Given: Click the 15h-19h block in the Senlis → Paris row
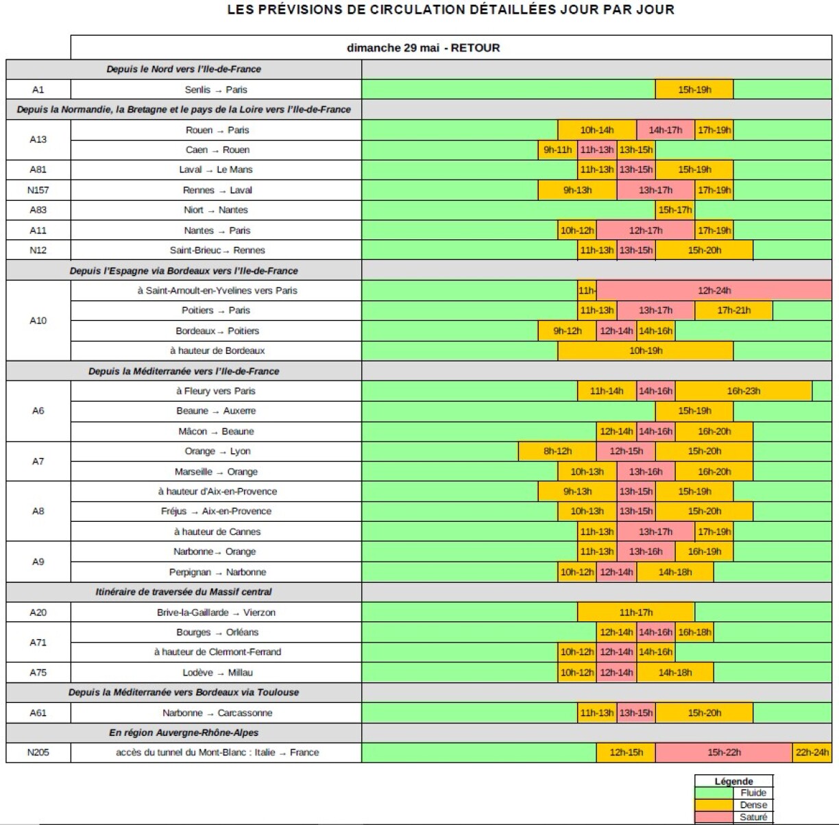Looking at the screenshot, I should coord(694,90).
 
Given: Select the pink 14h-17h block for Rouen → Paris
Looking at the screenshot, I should coord(665,130).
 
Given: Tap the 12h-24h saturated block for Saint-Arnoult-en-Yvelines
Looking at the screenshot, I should coord(714,291).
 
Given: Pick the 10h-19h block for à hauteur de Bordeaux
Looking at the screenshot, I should coord(646,351).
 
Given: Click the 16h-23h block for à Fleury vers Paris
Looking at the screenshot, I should coord(743,392).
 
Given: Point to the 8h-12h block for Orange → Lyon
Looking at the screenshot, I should coord(557,451).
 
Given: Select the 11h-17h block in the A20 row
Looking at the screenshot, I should coord(635,612).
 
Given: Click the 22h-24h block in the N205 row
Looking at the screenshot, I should coord(812,753).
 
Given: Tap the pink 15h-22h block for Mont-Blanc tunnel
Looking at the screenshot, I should coord(724,753).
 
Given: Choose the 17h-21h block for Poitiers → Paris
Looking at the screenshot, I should coord(733,311).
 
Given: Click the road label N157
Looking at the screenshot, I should coord(38,191).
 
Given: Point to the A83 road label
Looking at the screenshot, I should coord(38,211).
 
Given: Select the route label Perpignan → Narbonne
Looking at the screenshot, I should coord(217,573).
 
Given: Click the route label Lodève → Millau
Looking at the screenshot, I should coord(217,673).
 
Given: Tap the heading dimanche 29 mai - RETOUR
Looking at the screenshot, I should coord(423,48).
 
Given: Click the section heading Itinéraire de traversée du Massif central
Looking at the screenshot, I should coord(184,592).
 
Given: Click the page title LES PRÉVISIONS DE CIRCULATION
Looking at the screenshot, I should coord(450,10).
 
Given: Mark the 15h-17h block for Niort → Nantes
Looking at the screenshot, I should coord(674,211).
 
